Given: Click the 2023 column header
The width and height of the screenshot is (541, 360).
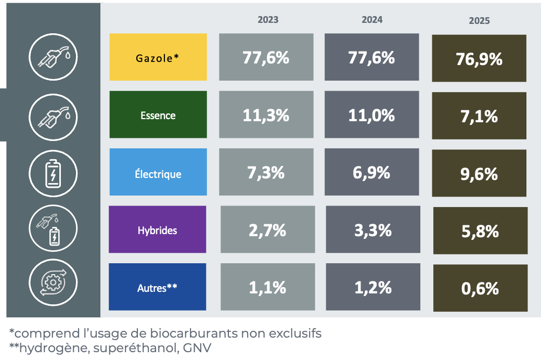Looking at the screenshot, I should pos(268,20).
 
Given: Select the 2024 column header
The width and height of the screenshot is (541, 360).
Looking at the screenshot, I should pos(372,20).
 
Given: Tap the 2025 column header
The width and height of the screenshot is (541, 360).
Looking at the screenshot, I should pos(479,21).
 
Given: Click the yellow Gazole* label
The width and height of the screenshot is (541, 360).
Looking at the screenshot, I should pos(158,57).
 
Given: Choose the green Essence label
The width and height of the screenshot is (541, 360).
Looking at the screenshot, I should pos(158,115).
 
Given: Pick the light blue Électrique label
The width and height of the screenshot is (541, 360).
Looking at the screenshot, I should pos(158,173).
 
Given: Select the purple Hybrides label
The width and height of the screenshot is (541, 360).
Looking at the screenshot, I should pos(157,230).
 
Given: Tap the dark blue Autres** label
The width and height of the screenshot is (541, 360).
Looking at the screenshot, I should pos(157,287).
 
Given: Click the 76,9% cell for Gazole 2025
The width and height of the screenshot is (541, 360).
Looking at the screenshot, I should pos(479,59).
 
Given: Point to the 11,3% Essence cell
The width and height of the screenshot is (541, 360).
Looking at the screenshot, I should pos(266,115).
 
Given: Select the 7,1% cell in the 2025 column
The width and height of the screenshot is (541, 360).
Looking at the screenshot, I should pos(479,116).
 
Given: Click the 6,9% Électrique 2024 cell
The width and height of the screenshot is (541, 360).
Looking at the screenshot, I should pos(371,173).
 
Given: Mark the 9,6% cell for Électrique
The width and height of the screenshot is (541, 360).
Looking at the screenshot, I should pos(479,174).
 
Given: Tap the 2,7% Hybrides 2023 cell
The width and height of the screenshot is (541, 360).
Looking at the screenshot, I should pos(267,230).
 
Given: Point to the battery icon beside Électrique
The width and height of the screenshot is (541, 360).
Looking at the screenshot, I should pos(53,172).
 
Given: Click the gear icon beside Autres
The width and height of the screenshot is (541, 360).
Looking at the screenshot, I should pos(53,284).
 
